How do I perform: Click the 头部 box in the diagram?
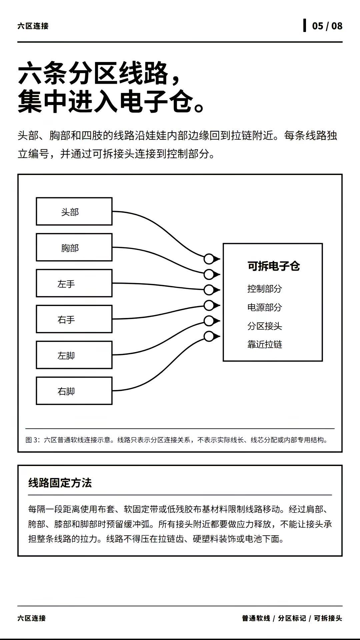(x=74, y=211)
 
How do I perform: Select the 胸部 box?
(x=74, y=247)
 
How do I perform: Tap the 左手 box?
(x=74, y=283)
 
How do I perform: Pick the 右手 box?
(x=74, y=319)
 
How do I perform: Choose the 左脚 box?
(x=74, y=355)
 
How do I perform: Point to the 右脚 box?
(x=74, y=391)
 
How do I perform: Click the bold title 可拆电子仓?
(x=273, y=266)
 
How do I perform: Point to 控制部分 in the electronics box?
(x=265, y=289)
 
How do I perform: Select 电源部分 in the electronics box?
(x=265, y=307)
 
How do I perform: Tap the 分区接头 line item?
(x=265, y=326)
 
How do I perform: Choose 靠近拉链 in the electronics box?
(x=265, y=344)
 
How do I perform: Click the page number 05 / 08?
(x=327, y=26)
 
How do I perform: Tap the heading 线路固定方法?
(x=60, y=483)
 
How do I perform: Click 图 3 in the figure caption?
(x=33, y=440)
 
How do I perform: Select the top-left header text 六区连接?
(x=33, y=26)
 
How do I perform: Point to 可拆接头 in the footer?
(x=328, y=618)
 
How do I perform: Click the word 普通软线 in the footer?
(x=256, y=618)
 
